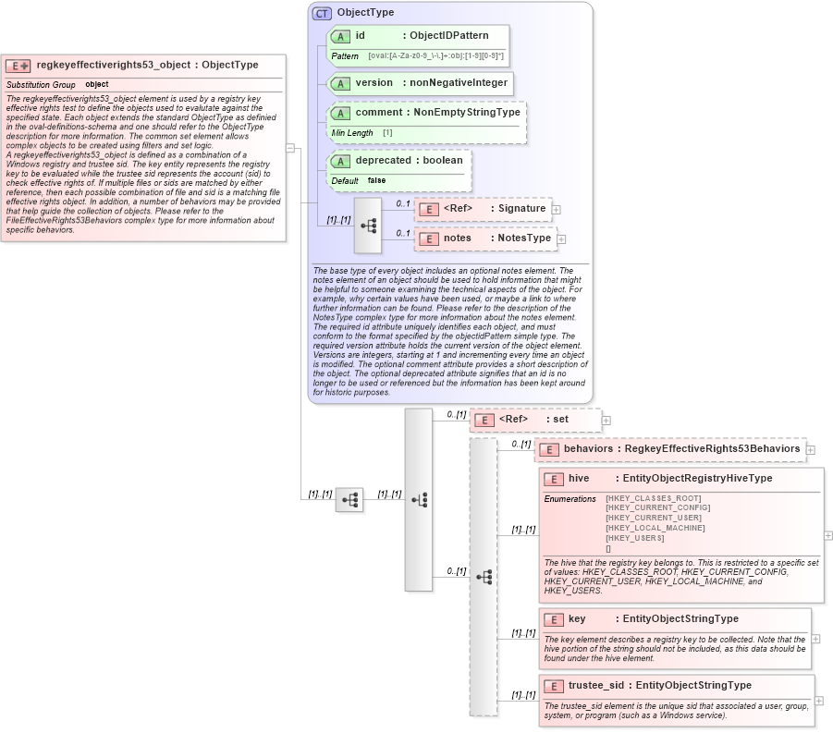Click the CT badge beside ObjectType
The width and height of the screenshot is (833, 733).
coord(322,13)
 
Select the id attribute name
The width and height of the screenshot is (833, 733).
coord(361,36)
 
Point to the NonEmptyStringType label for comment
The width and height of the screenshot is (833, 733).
coord(467,113)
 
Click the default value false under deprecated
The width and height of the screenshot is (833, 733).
coord(376,180)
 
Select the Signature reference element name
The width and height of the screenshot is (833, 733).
coord(522,209)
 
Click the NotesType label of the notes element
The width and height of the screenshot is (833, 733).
coord(524,238)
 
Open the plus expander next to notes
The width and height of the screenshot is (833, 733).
coord(561,239)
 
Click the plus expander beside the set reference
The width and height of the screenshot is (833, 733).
coord(606,420)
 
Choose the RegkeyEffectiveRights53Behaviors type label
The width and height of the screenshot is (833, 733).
coord(712,449)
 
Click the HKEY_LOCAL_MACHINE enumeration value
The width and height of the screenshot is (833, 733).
coord(655,528)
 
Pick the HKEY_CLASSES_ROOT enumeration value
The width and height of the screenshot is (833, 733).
coord(653,498)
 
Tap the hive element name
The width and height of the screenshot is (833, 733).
coord(579,479)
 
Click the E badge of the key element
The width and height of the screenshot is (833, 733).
coord(553,619)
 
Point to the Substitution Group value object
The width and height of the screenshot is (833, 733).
coord(96,85)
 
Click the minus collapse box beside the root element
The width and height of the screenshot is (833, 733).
coord(290,147)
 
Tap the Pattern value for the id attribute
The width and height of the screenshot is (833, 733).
coord(435,56)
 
